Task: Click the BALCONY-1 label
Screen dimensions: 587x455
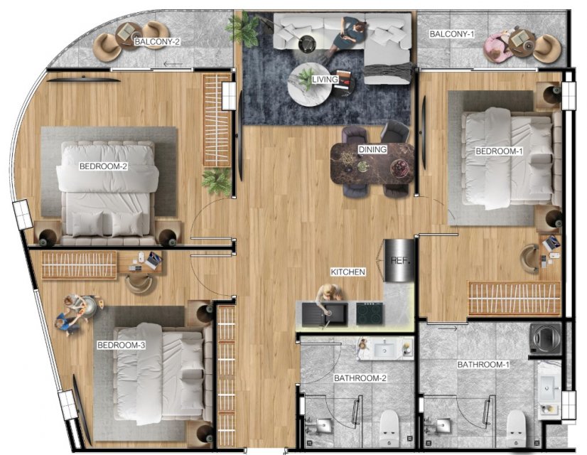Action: [452, 34]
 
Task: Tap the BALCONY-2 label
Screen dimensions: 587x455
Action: [157, 41]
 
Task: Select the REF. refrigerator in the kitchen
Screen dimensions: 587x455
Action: [399, 260]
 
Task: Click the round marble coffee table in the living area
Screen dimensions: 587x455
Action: [309, 85]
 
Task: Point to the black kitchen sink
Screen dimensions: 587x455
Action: [325, 314]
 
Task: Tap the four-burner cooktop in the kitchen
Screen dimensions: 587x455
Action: [370, 313]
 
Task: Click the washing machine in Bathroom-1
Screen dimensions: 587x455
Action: [546, 339]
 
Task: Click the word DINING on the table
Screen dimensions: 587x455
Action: [372, 149]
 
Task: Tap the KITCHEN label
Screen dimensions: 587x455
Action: [348, 272]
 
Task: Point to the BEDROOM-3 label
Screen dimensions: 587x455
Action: [121, 345]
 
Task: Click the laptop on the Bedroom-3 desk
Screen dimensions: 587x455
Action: [154, 259]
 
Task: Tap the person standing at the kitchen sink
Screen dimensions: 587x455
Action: [329, 293]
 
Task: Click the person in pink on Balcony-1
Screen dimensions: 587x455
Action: [495, 47]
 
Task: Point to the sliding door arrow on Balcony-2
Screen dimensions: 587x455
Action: [173, 65]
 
